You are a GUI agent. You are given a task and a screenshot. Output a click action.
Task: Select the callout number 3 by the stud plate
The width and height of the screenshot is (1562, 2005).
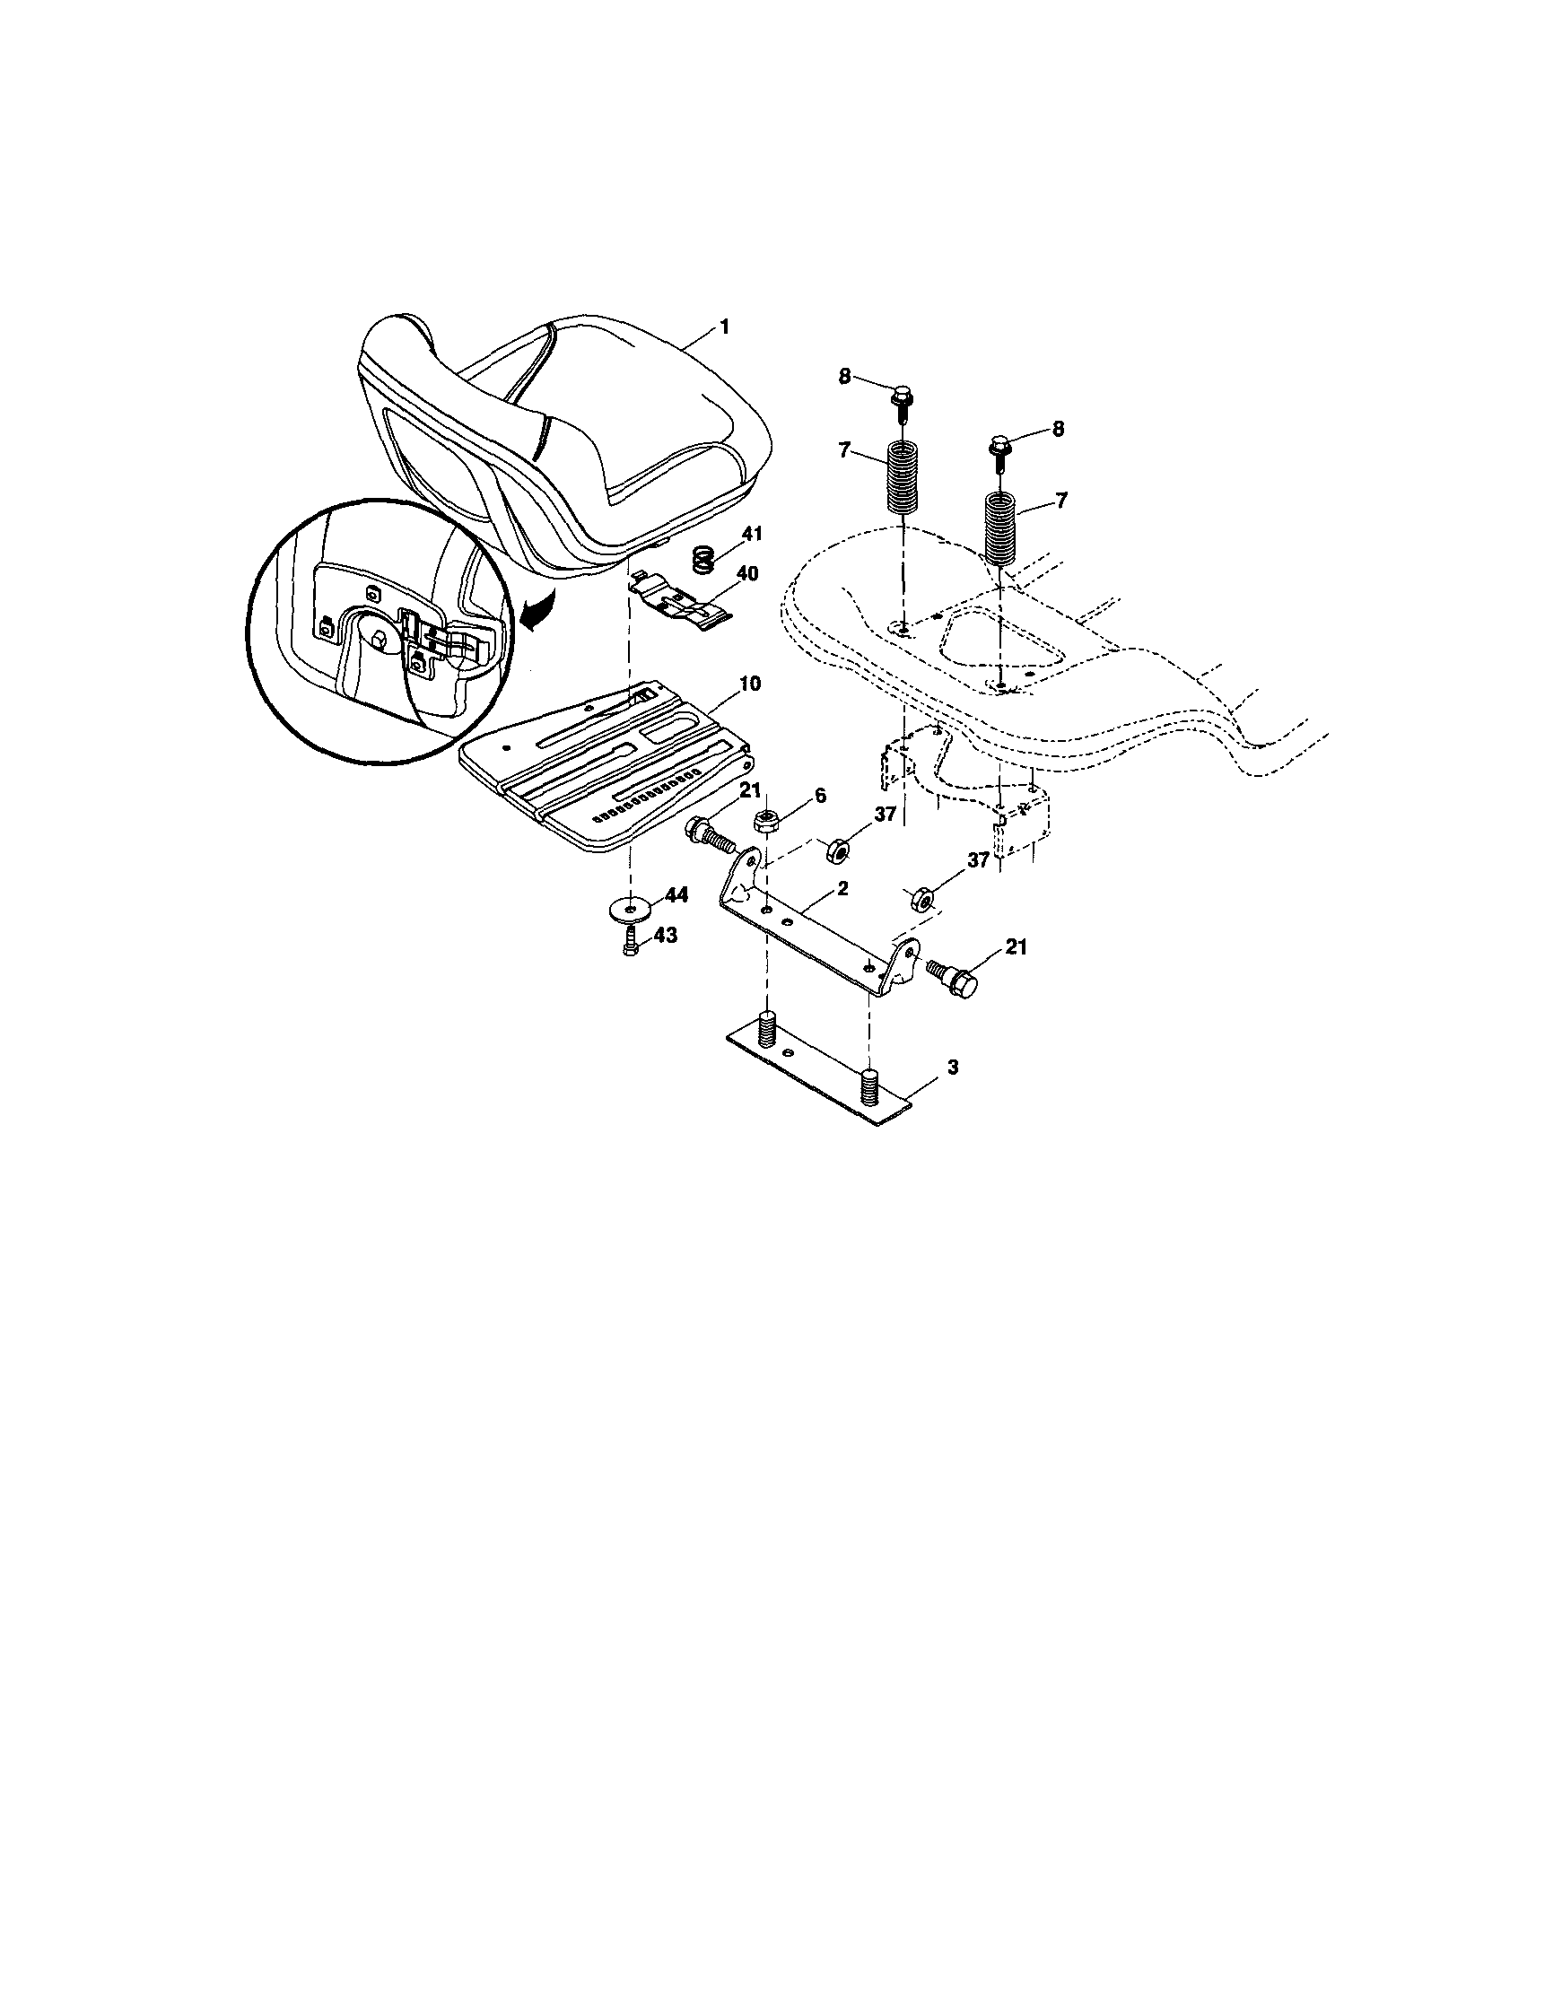pos(953,1067)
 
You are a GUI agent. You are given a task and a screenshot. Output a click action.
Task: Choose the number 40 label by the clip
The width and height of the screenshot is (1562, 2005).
pos(747,574)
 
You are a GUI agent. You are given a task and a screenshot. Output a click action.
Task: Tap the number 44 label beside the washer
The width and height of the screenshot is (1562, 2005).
pos(676,895)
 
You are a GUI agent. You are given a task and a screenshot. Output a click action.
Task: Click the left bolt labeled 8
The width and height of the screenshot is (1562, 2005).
pos(900,401)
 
